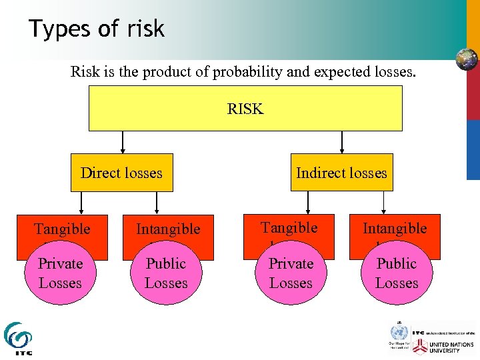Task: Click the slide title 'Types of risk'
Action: [96, 29]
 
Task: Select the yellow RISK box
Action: [245, 108]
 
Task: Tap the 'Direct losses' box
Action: [121, 173]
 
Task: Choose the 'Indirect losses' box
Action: [341, 173]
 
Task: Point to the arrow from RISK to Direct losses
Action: [123, 141]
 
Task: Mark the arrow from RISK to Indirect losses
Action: [342, 141]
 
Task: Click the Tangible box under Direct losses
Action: [62, 229]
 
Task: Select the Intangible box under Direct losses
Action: [168, 229]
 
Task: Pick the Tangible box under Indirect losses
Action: [289, 227]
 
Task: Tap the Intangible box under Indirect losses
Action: [395, 227]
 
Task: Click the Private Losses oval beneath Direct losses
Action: [61, 274]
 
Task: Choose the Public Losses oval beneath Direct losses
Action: [166, 274]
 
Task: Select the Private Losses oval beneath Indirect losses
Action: [291, 274]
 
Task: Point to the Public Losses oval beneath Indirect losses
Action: [396, 274]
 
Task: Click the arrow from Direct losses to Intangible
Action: [157, 203]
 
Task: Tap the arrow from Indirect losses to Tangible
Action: [307, 203]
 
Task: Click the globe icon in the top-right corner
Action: [467, 59]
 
